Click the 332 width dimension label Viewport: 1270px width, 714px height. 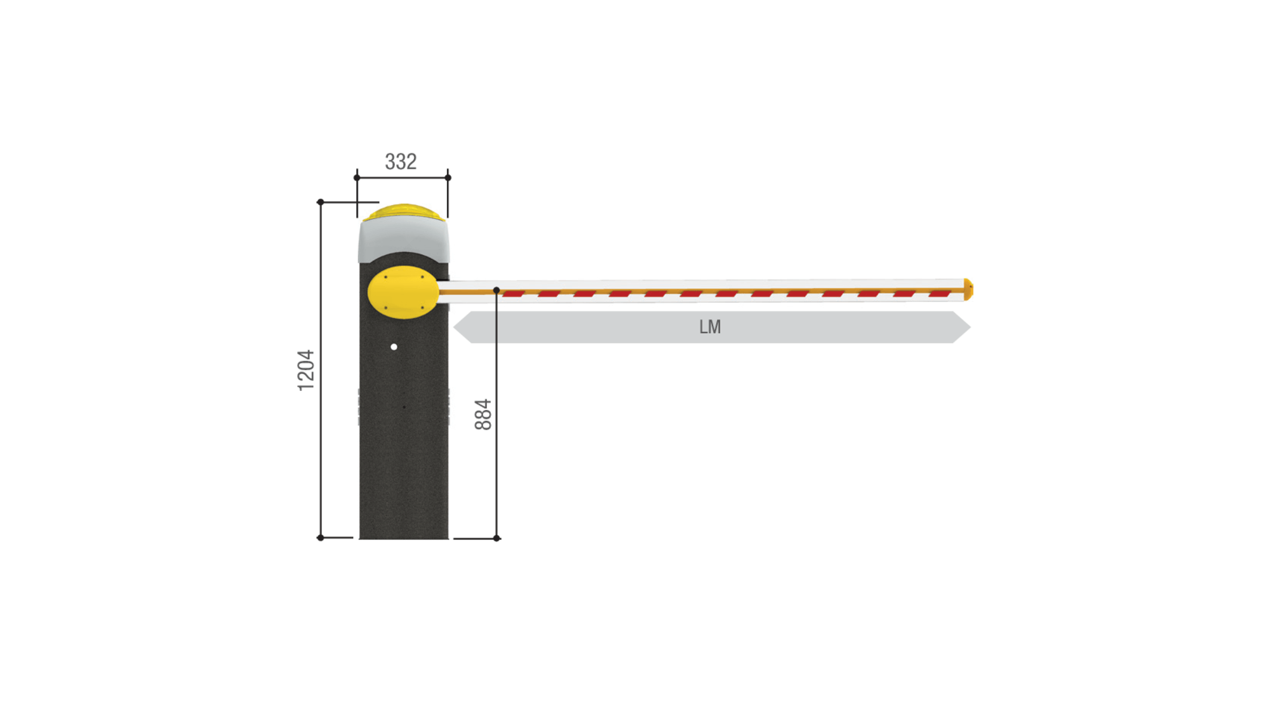pyautogui.click(x=401, y=162)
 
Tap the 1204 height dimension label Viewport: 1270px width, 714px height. pyautogui.click(x=306, y=370)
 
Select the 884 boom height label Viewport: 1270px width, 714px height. pyautogui.click(x=483, y=414)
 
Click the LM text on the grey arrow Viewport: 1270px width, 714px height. pyautogui.click(x=710, y=327)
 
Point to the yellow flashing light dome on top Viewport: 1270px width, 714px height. pyautogui.click(x=403, y=212)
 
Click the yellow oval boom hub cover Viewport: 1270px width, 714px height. pyautogui.click(x=403, y=292)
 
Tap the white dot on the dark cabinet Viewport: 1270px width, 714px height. pyautogui.click(x=394, y=347)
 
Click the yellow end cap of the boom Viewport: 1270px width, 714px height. pyautogui.click(x=968, y=289)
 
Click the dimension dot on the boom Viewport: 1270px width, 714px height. pyautogui.click(x=497, y=290)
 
